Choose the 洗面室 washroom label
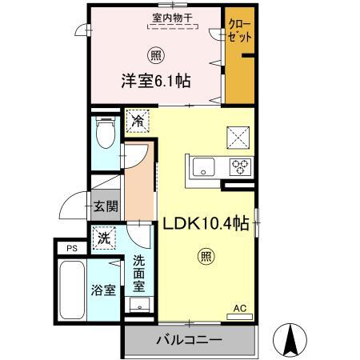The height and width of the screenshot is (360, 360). click(x=139, y=272)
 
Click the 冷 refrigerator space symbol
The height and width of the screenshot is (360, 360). click(x=138, y=122)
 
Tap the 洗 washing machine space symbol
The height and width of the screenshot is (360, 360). click(x=103, y=237)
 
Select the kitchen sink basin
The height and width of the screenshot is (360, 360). click(x=203, y=167)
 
